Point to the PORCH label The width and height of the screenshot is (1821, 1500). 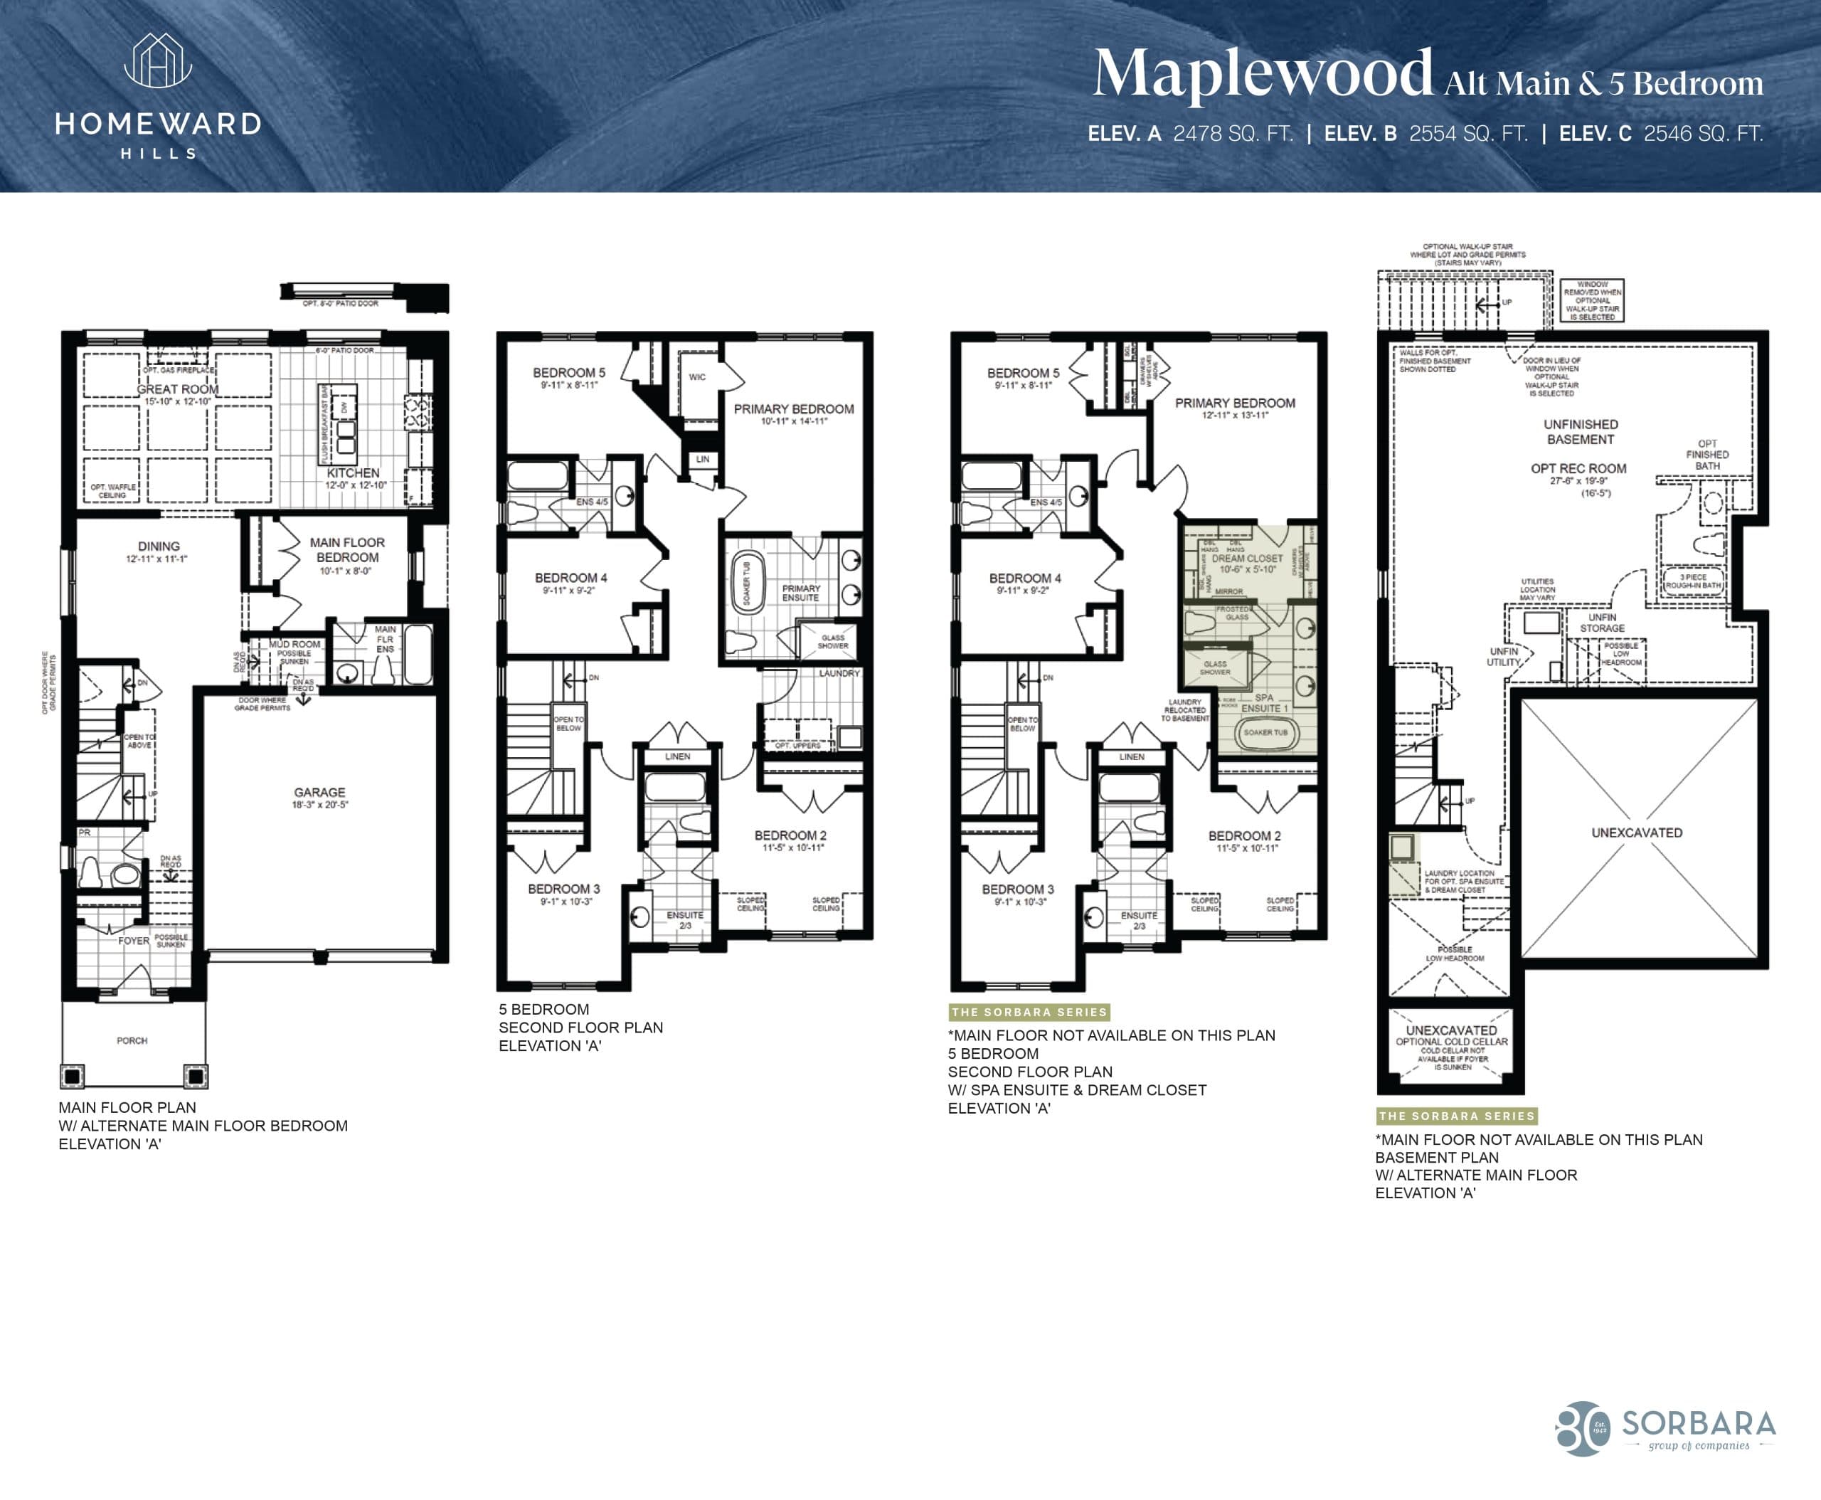click(132, 1040)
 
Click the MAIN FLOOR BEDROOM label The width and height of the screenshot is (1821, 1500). click(347, 549)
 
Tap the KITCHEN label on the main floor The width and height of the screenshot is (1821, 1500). click(352, 472)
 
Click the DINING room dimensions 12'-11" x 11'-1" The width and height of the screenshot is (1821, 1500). click(158, 559)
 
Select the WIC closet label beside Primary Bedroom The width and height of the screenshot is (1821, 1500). click(697, 376)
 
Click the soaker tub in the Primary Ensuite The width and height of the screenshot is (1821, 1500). click(747, 585)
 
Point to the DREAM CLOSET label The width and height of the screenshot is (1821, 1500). click(1246, 558)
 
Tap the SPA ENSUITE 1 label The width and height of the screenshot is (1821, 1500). click(1264, 702)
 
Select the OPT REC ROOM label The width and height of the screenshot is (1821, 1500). click(1578, 468)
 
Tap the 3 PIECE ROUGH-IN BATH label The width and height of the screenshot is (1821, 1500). click(1692, 581)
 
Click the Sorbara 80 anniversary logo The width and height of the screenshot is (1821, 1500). click(1583, 1427)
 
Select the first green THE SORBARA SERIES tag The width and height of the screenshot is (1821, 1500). click(1029, 1012)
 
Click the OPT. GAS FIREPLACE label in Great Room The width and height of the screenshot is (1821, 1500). click(178, 370)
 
